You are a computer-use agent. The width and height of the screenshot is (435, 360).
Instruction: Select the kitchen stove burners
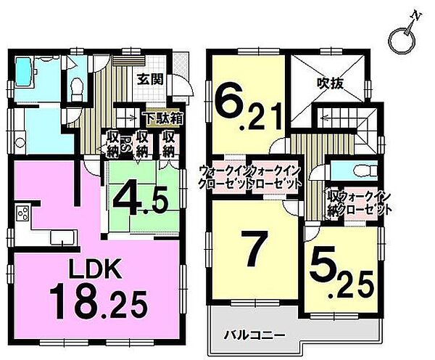tap(22, 214)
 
